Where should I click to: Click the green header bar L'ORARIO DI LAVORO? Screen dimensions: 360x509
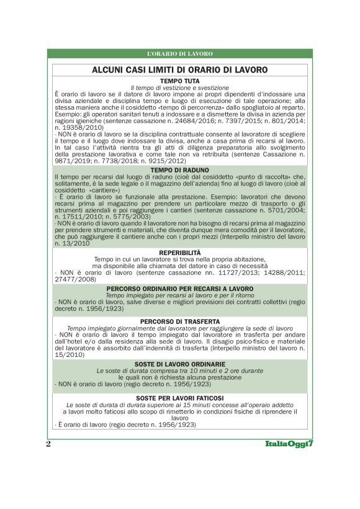pos(179,54)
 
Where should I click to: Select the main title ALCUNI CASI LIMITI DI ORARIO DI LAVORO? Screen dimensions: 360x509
pos(179,70)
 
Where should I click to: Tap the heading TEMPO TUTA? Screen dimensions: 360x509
pos(179,81)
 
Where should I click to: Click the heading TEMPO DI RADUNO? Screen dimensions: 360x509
pos(179,169)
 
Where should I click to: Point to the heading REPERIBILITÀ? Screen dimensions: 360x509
pos(179,253)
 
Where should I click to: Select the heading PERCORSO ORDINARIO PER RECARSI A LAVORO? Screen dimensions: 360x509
pos(179,289)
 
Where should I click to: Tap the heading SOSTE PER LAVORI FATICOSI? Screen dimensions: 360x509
pos(179,397)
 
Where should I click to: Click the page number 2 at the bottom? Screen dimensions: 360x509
pos(48,444)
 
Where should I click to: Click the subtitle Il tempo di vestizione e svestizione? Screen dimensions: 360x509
pos(179,88)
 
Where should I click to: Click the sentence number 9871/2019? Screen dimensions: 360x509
pos(71,158)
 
